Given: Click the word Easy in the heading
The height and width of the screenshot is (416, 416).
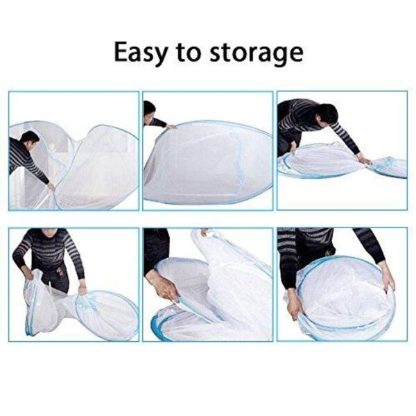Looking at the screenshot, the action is [x=140, y=53].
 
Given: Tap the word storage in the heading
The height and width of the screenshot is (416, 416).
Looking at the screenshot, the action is [x=256, y=55].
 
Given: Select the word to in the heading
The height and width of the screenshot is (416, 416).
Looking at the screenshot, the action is [x=188, y=53].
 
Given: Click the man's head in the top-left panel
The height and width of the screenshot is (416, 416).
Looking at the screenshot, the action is [x=30, y=140].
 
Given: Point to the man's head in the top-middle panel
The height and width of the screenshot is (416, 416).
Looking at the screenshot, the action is [x=149, y=112].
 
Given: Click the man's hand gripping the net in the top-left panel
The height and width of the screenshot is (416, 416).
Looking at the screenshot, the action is [x=51, y=185].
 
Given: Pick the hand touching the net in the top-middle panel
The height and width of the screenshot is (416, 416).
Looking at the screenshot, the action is [x=171, y=127].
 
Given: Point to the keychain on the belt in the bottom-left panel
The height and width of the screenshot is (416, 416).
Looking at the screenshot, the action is [x=61, y=272].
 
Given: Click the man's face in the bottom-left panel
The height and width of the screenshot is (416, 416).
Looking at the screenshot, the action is [x=50, y=232].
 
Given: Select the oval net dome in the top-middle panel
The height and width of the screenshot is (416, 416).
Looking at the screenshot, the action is [x=209, y=162].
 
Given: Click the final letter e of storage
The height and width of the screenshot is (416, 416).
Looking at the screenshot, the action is [x=295, y=55].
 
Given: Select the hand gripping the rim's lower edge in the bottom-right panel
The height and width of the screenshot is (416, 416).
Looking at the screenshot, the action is [x=295, y=309].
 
